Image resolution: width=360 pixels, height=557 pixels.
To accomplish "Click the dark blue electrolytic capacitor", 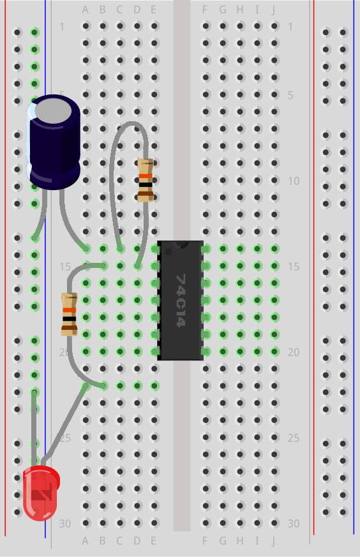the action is click(54, 142).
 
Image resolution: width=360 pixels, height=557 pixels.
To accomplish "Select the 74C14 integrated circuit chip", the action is click(180, 301).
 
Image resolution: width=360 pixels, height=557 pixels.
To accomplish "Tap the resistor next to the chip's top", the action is click(146, 180).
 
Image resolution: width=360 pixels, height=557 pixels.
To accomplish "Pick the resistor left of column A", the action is click(70, 314).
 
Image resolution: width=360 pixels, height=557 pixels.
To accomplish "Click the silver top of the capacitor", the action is click(54, 111).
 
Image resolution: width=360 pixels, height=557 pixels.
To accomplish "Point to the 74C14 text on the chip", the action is click(181, 300).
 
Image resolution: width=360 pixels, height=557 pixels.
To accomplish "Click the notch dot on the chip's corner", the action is click(168, 252).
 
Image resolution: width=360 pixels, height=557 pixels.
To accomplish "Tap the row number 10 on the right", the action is click(294, 181).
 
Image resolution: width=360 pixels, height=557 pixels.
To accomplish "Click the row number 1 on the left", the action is click(62, 27).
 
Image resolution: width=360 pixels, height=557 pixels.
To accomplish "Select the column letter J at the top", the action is click(273, 10).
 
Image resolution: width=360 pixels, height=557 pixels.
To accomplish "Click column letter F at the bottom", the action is click(205, 540).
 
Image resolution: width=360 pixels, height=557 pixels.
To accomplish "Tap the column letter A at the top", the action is click(86, 10).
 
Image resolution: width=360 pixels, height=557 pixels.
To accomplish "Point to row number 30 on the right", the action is click(294, 523).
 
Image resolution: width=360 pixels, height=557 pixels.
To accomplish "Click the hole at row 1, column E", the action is click(154, 26).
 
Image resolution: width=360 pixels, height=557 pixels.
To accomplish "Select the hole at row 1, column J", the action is click(274, 26).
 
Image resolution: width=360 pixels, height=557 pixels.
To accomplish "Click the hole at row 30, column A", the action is click(86, 523).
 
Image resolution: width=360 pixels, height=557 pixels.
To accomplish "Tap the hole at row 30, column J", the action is click(274, 523).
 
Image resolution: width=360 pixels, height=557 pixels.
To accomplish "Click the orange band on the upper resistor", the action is click(146, 176).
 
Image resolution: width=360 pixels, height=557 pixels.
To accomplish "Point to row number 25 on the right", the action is click(294, 438).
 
